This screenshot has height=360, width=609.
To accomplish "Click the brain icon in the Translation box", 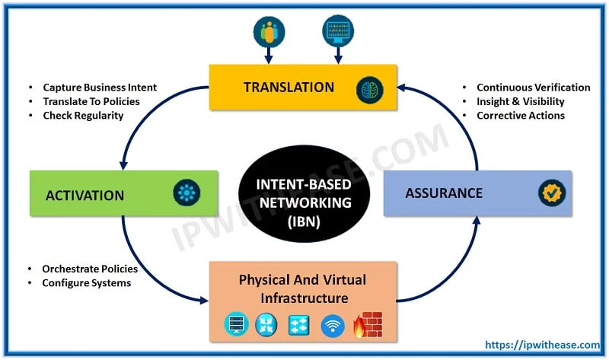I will [x=369, y=89].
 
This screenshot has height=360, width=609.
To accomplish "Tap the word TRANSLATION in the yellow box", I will [x=289, y=87].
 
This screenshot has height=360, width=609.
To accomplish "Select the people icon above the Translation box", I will [x=268, y=30].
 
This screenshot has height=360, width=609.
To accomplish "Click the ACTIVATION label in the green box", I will [x=84, y=195].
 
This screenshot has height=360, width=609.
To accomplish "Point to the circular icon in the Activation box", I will [x=186, y=192].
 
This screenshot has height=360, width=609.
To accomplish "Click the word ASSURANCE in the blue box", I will [x=444, y=193].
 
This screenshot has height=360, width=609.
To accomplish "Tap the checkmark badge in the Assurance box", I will [x=552, y=193].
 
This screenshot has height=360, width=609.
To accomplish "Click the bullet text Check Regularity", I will [x=83, y=116].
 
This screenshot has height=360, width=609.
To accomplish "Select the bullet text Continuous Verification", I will [x=533, y=88].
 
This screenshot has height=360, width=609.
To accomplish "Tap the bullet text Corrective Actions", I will [x=521, y=116].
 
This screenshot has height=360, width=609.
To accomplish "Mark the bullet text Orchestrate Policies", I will [x=90, y=269].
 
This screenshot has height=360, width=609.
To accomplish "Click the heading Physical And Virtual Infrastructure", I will [x=302, y=288].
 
